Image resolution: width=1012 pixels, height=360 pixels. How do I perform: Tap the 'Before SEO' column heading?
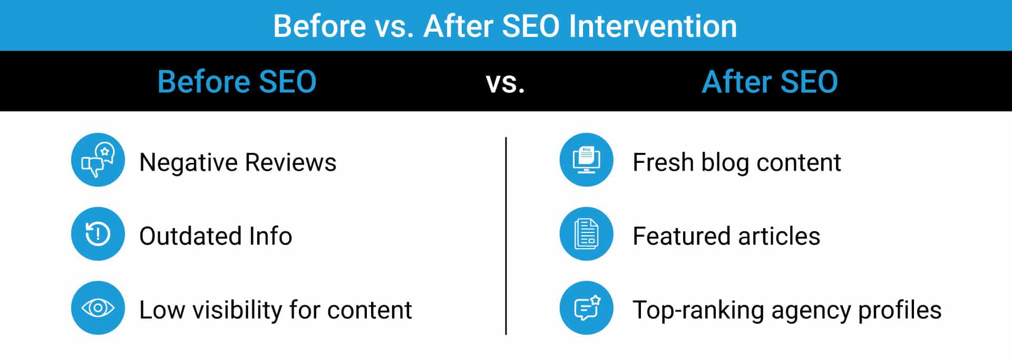point(237,82)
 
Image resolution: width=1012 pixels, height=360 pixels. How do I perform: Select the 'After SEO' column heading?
point(770,82)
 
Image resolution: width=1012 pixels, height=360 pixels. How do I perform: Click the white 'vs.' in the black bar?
point(505,84)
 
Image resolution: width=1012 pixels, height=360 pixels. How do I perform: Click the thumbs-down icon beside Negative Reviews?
point(98,160)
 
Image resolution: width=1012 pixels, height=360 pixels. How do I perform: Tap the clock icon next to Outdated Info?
point(98,233)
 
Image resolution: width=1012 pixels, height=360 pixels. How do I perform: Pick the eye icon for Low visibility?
point(98,307)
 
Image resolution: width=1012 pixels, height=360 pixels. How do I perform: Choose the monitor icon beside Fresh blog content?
point(586,160)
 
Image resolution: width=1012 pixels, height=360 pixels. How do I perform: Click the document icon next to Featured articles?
point(586,233)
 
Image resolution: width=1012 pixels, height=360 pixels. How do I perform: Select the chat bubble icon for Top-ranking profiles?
point(586,307)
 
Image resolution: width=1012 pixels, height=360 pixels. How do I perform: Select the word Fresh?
point(663,162)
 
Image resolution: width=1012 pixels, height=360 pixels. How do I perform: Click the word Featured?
point(682,236)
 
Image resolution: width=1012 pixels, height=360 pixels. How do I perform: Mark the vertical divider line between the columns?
point(506,236)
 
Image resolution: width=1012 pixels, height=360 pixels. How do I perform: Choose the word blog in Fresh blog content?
point(725,163)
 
